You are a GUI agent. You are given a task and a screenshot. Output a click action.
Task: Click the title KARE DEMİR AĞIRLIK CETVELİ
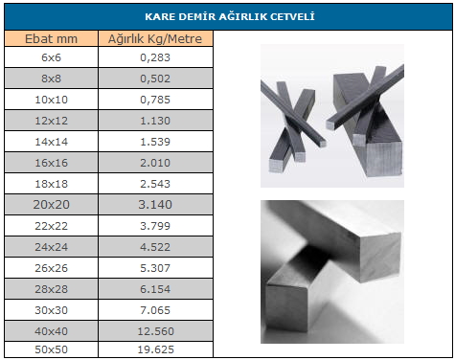(230, 16)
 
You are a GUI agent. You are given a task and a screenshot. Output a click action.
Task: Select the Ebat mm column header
(51, 38)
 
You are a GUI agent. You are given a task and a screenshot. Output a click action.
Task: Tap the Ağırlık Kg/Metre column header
(155, 38)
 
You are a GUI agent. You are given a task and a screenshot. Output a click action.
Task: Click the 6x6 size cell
(51, 57)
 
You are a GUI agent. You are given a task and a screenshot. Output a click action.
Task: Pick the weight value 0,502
(155, 79)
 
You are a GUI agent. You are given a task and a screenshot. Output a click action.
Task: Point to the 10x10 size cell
(51, 100)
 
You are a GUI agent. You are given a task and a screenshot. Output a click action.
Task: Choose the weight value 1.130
(155, 121)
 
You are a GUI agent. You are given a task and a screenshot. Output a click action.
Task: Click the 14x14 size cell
(51, 142)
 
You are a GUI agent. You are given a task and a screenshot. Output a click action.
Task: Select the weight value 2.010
(155, 163)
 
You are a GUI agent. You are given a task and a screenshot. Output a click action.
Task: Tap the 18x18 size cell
(51, 184)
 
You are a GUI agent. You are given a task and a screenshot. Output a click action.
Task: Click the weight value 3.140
(155, 205)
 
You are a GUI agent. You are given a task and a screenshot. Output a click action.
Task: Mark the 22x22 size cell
(51, 226)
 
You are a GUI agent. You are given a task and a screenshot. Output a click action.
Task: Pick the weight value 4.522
(155, 247)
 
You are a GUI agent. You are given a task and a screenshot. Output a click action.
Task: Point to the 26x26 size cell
(51, 268)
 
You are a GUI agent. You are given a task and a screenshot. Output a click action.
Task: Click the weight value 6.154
(155, 289)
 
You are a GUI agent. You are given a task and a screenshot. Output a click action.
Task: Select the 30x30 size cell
(51, 310)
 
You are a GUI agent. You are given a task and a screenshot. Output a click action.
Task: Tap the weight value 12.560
(155, 331)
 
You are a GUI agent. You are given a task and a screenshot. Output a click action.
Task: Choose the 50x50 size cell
(51, 349)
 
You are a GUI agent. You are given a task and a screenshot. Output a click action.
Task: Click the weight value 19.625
(155, 349)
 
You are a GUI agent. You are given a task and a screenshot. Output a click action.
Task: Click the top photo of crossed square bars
(332, 116)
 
